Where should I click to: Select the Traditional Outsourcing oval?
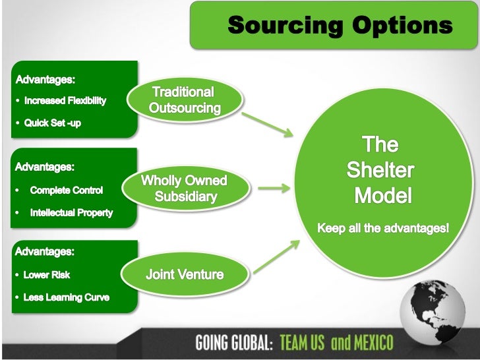click(x=185, y=100)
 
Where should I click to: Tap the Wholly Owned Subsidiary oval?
click(x=185, y=189)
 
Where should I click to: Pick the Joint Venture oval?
click(x=185, y=274)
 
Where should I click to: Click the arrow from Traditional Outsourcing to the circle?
click(x=267, y=124)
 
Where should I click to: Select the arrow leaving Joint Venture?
click(x=272, y=256)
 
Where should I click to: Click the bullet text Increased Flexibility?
click(x=65, y=102)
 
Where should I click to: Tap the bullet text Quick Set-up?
click(x=52, y=123)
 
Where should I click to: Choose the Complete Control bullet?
click(x=66, y=191)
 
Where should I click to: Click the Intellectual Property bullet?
click(x=71, y=213)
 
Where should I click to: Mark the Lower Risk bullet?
click(x=46, y=275)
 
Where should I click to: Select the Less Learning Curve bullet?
click(x=66, y=297)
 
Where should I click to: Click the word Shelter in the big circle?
click(x=380, y=171)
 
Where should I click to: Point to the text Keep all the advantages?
click(x=383, y=229)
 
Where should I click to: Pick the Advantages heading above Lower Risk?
click(x=45, y=252)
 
